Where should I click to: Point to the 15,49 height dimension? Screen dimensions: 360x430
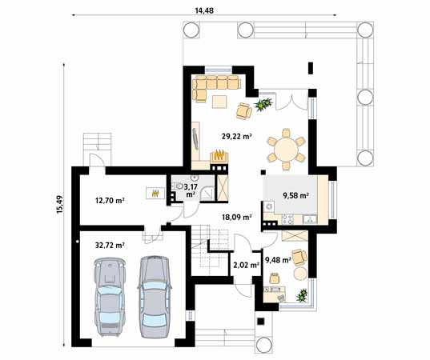click(59, 206)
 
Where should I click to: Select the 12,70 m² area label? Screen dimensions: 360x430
click(109, 200)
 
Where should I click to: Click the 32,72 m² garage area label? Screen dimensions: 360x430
click(109, 245)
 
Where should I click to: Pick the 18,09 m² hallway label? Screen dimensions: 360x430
click(237, 216)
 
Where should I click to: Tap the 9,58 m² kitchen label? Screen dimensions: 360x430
click(296, 194)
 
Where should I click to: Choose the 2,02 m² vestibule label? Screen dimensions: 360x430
click(244, 265)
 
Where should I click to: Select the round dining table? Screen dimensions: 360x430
click(286, 148)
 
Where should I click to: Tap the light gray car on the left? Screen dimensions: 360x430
click(111, 294)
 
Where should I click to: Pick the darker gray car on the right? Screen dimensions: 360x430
click(155, 294)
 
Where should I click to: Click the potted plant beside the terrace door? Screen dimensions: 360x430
click(261, 104)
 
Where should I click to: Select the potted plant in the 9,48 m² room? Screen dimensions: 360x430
click(302, 296)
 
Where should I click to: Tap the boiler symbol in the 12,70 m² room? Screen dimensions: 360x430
click(149, 192)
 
